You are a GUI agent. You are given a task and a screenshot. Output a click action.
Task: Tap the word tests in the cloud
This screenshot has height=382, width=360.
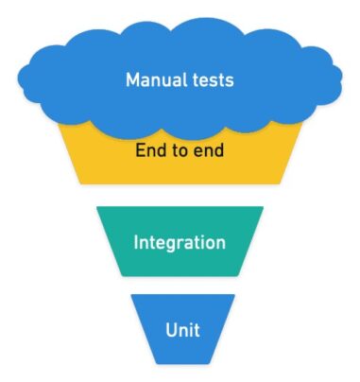pyautogui.click(x=211, y=79)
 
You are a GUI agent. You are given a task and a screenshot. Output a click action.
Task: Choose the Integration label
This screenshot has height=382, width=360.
pyautogui.click(x=180, y=243)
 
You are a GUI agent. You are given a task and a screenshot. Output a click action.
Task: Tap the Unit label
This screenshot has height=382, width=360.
pyautogui.click(x=181, y=330)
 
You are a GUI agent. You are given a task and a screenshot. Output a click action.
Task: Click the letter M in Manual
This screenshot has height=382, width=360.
pyautogui.click(x=132, y=79)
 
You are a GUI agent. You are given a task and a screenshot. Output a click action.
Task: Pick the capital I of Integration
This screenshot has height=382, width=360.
pyautogui.click(x=136, y=243)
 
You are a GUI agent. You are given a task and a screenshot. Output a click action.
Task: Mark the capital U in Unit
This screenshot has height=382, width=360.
pyautogui.click(x=170, y=330)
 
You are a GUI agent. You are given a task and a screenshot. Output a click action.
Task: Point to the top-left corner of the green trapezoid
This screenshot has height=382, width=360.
pyautogui.click(x=96, y=207)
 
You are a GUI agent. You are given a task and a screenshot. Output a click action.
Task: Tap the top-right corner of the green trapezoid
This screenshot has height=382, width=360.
pyautogui.click(x=265, y=207)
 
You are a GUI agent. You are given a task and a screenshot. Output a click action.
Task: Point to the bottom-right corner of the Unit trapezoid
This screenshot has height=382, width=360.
pyautogui.click(x=216, y=363)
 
